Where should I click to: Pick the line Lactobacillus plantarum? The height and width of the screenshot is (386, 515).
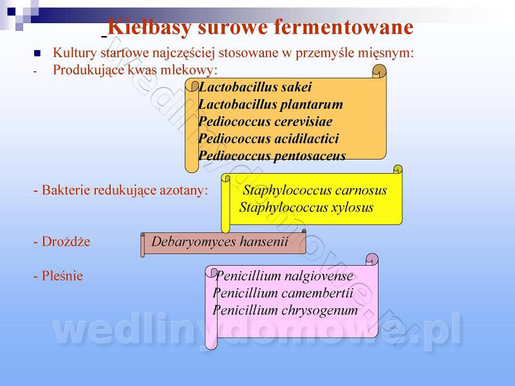270,104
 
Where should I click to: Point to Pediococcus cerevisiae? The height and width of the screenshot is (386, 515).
265,122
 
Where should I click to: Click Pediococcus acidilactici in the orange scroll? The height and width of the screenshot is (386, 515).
268,138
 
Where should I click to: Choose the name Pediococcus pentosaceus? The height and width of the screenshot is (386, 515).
272,156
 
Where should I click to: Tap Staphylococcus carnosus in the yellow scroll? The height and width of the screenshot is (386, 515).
315,190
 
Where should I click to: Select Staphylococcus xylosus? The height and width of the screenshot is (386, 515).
306,208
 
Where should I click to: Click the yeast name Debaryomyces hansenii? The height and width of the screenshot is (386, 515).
220,243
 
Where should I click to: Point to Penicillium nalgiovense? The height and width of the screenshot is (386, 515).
284,277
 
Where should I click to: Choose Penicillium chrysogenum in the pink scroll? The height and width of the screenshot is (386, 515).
285,310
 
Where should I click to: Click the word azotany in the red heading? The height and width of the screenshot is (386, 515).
187,190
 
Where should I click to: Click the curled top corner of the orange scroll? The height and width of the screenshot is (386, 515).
379,71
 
